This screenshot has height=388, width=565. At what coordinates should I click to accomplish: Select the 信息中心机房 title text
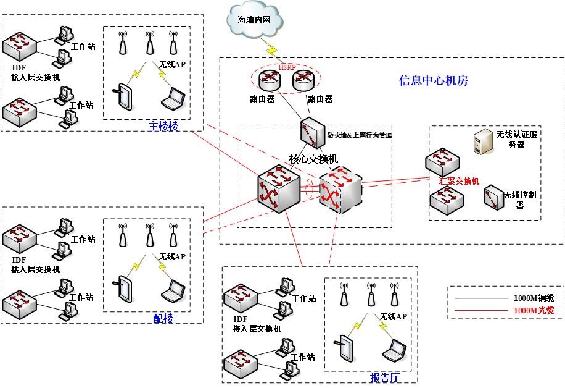click(x=434, y=80)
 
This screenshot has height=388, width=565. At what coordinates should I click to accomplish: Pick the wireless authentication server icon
click(x=481, y=142)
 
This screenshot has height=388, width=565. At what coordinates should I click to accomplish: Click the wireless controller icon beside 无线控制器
click(x=493, y=197)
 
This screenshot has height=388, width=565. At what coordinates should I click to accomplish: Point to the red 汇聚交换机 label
click(x=459, y=182)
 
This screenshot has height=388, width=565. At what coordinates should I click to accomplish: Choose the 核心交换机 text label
click(x=313, y=159)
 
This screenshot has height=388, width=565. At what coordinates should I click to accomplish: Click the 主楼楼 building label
click(x=163, y=127)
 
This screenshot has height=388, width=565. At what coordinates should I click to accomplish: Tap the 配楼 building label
click(x=163, y=318)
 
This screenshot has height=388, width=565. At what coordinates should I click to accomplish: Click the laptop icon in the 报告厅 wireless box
click(x=394, y=350)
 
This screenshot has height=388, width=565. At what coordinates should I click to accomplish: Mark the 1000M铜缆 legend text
click(x=529, y=298)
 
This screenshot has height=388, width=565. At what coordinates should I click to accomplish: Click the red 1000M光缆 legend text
click(x=529, y=311)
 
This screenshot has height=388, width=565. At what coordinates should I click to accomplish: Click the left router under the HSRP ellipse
click(x=270, y=79)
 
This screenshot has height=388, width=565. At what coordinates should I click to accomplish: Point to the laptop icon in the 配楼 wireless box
click(x=172, y=288)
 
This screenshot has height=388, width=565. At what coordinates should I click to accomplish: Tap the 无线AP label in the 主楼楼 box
click(x=172, y=64)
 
